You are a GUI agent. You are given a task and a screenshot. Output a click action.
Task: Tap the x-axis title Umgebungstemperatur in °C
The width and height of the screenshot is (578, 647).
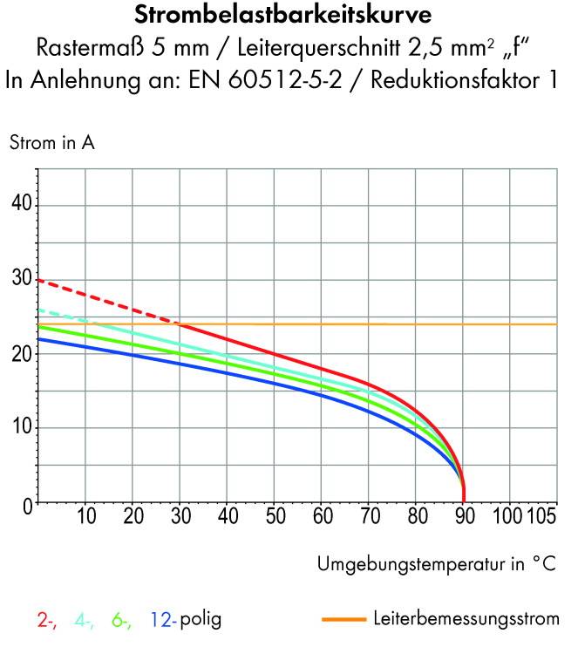pyautogui.click(x=437, y=564)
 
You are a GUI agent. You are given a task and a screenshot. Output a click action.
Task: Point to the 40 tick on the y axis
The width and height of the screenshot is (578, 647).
pyautogui.click(x=21, y=205)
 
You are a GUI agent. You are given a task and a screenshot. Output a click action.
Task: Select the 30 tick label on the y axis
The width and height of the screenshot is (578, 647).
pyautogui.click(x=21, y=280)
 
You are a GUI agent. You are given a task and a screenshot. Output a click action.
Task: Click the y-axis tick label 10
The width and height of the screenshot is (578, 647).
pyautogui.click(x=21, y=428)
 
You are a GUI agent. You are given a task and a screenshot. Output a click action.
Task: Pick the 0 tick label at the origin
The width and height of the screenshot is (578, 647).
pyautogui.click(x=27, y=503)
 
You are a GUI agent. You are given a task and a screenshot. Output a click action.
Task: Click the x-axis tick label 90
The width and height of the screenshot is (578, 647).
pyautogui.click(x=463, y=516)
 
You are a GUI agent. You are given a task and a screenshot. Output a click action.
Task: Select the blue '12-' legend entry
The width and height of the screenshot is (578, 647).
pyautogui.click(x=163, y=621)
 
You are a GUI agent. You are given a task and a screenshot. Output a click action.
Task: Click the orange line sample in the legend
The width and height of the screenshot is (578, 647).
pyautogui.click(x=343, y=621)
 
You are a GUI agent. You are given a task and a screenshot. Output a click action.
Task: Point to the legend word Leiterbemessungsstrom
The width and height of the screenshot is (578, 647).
pyautogui.click(x=466, y=621)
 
